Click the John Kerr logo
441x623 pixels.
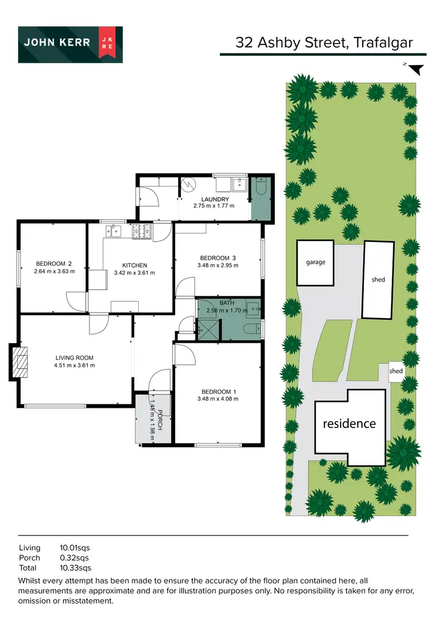pos(70,45)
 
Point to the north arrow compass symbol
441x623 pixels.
pos(415,69)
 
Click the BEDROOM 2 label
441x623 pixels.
pos(54,263)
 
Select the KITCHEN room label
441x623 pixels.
pos(135,265)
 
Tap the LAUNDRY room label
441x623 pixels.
pos(214,199)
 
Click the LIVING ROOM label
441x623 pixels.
pos(75,357)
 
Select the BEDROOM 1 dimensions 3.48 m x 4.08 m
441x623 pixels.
pos(218,400)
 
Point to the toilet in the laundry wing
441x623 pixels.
pos(261,187)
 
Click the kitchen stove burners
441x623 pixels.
pos(142,232)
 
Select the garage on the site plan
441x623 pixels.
pos(315,262)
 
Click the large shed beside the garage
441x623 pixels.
pos(378,279)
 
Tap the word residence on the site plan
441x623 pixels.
pos(349,423)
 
